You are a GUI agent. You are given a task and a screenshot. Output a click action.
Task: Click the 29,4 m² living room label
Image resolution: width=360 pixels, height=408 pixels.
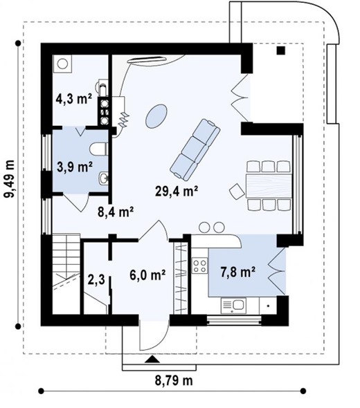coord(177,192)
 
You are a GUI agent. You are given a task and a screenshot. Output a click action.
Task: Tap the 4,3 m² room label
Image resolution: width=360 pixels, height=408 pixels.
coord(74,99)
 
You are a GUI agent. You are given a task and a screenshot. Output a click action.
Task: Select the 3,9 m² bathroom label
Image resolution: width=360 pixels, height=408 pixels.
coord(75,166)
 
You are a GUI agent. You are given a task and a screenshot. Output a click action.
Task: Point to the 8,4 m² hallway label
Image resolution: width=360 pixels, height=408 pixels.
coord(116,212)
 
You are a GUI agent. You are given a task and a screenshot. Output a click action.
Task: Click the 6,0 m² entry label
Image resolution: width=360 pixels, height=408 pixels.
coord(147,275)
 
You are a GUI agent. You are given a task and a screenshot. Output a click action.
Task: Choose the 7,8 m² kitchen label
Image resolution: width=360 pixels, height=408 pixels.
coord(237,272)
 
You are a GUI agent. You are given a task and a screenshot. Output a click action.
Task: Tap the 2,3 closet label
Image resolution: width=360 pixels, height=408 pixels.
coord(96,280)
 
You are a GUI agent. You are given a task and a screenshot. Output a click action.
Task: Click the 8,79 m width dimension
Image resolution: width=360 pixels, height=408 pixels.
coord(174,381)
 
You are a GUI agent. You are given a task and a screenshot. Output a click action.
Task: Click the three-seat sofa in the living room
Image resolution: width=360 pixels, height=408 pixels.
coord(195,149)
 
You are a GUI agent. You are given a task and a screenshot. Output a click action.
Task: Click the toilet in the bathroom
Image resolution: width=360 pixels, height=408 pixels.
coord(98,149)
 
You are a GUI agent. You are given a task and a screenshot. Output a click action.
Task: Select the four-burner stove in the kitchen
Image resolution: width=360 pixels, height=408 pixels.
coord(200,266)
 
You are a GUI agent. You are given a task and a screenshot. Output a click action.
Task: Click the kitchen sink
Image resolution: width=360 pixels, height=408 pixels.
coord(233,306)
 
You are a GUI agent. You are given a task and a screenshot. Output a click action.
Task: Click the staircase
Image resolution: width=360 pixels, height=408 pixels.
coord(66,274)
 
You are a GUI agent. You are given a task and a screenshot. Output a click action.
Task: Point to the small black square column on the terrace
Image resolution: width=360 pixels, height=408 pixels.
coord(281,50)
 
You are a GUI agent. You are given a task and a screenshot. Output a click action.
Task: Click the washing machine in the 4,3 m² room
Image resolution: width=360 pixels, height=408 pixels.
coord(62,64)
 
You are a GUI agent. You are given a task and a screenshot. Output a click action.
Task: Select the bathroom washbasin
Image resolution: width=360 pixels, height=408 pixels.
coord(103,178)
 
